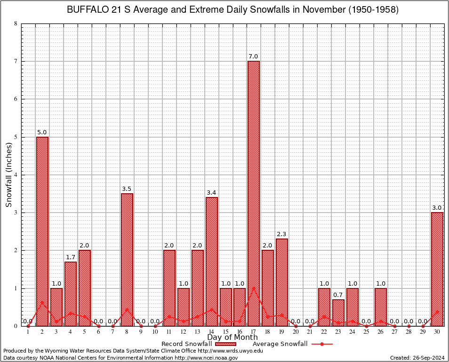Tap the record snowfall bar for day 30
pyautogui.click(x=437, y=269)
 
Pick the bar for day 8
pyautogui.click(x=127, y=259)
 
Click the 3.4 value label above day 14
pyautogui.click(x=211, y=192)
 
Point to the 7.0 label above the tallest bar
pyautogui.click(x=254, y=57)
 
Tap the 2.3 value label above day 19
pyautogui.click(x=282, y=234)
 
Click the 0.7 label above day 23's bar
pyautogui.click(x=338, y=295)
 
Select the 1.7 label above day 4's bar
pyautogui.click(x=71, y=257)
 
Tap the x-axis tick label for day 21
pyautogui.click(x=310, y=332)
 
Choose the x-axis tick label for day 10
pyautogui.click(x=155, y=332)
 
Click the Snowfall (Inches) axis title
pyautogui.click(x=9, y=174)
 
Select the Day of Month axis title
pyautogui.click(x=233, y=337)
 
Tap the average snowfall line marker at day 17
pyautogui.click(x=254, y=288)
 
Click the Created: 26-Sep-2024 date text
pyautogui.click(x=417, y=358)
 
